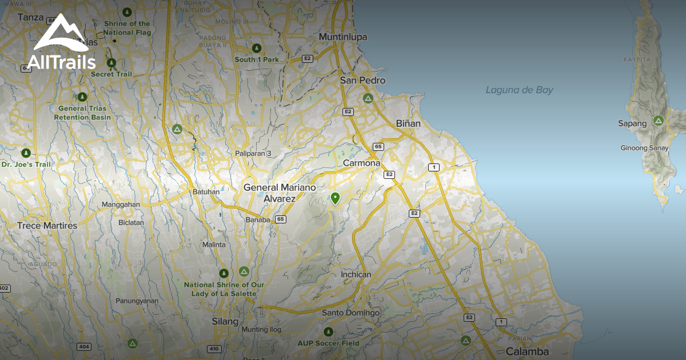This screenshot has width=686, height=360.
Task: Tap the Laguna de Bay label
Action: click(519, 90)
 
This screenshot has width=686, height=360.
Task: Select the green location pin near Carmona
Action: click(335, 198)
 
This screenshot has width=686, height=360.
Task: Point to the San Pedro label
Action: click(362, 81)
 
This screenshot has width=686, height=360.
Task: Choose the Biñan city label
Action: click(408, 123)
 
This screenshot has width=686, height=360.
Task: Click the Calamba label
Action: click(527, 352)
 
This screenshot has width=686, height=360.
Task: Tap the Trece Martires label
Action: click(47, 226)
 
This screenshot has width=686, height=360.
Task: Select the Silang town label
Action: click(225, 322)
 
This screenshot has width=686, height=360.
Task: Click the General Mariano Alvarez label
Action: click(277, 193)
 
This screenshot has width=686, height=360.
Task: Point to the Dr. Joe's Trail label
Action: click(26, 165)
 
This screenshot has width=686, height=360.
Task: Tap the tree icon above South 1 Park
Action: click(257, 48)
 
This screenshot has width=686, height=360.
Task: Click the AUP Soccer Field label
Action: click(328, 343)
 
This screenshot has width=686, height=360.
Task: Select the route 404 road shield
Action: click(84, 347)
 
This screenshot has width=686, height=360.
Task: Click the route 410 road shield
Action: click(214, 349)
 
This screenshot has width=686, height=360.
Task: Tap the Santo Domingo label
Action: click(350, 313)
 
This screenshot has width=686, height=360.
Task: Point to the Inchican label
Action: click(356, 274)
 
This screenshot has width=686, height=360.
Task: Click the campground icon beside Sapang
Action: click(659, 121)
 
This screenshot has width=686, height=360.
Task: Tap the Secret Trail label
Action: click(111, 74)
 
